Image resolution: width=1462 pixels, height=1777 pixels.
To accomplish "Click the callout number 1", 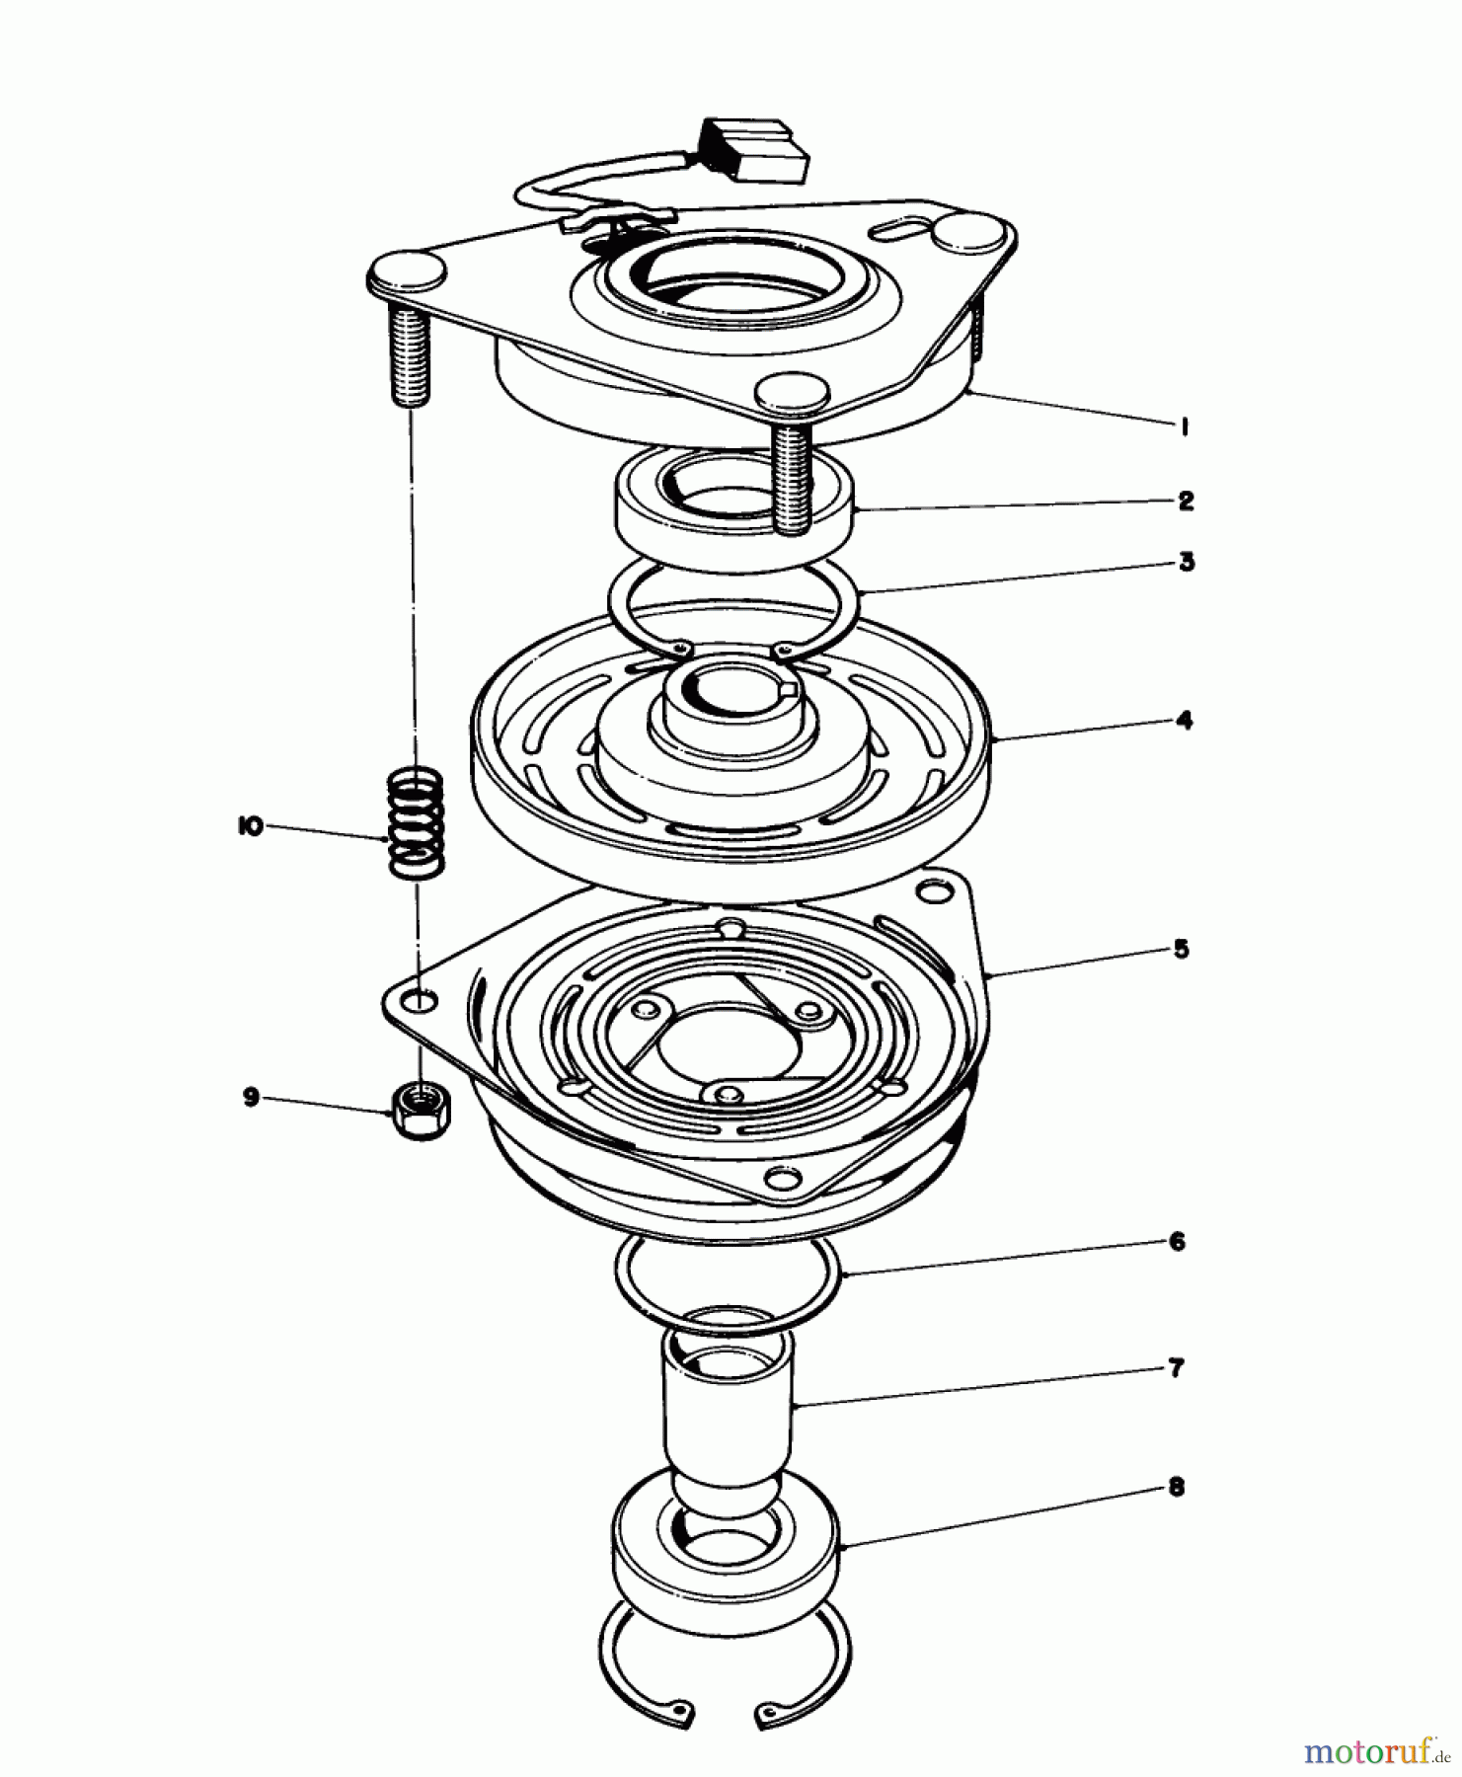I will pos(1183,426).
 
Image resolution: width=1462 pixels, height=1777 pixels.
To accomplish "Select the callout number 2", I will pos(1185,501).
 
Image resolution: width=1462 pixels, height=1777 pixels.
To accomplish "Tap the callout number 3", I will pos(1186,563).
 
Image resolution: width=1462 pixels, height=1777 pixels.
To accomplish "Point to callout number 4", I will pos(1184,721).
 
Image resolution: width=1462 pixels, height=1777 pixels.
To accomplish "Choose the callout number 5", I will pos(1181,950).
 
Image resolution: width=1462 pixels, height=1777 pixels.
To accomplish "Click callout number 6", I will pos(1176,1242).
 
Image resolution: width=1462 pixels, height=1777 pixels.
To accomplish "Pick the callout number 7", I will pos(1176,1369).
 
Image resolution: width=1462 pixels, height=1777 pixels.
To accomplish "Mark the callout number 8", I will pos(1176,1488).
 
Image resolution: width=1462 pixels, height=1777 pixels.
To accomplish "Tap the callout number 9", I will pos(252,1097).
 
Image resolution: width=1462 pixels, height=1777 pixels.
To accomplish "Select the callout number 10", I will pos(250,827).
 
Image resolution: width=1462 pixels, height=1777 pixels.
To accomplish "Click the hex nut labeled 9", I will pos(422,1111).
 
